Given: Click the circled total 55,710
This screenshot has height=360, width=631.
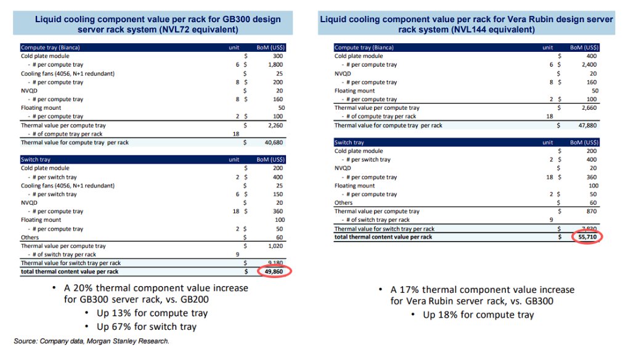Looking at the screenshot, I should (x=588, y=237).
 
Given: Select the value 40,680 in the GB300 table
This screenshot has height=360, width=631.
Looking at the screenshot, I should (x=275, y=142).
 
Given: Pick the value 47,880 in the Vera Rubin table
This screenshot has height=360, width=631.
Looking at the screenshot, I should (x=588, y=125).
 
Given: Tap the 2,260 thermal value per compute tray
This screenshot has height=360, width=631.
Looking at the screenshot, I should (x=276, y=125).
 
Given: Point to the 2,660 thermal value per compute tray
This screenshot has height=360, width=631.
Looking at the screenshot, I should (x=589, y=108).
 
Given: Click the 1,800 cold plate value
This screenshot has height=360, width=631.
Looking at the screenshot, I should (x=276, y=65).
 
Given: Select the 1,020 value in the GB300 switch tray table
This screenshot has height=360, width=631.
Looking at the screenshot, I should (x=276, y=246).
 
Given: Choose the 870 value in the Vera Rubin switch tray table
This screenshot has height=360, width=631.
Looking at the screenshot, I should (x=592, y=211).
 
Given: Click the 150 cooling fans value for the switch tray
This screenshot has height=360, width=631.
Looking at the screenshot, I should (x=279, y=194).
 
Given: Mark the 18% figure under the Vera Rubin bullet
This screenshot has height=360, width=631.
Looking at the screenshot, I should (x=450, y=315).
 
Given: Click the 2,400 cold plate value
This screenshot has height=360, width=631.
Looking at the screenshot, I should (x=589, y=65).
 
